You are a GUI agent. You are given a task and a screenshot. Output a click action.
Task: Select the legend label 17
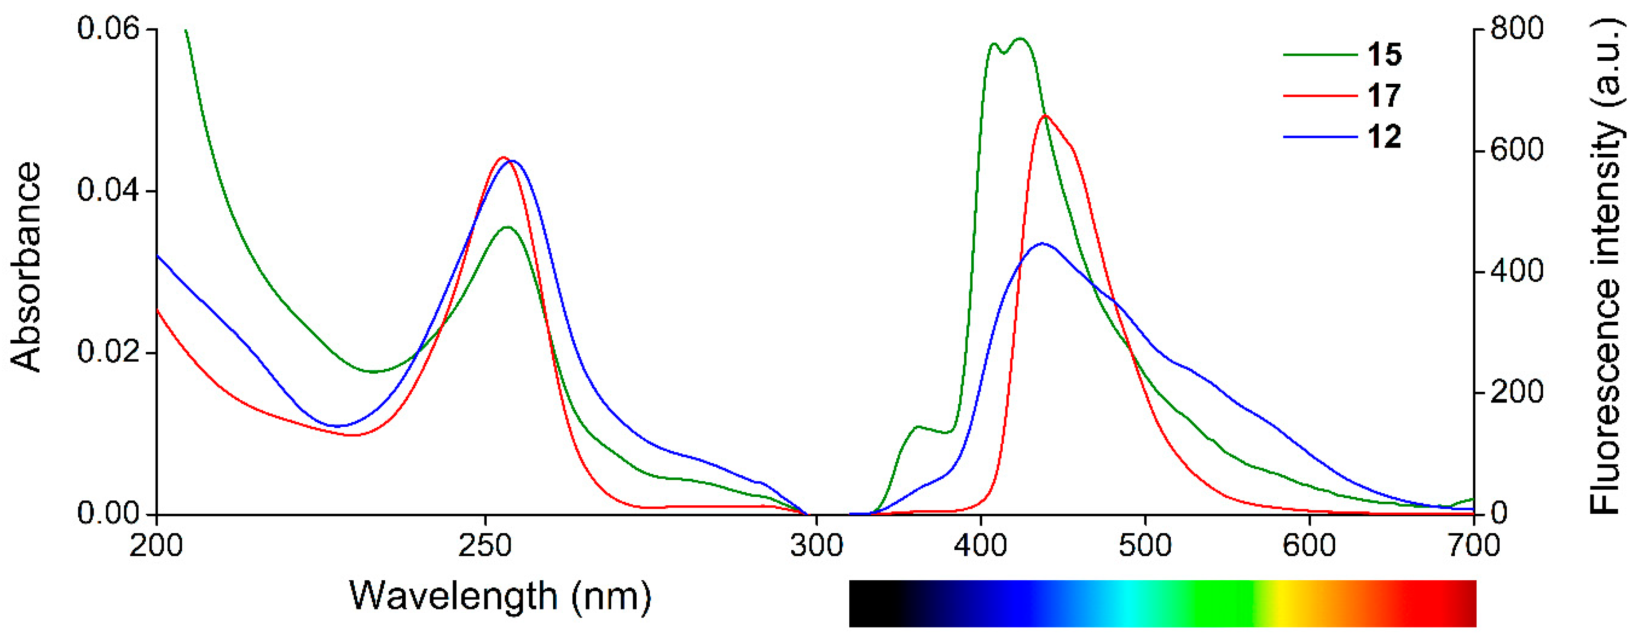pos(1384,96)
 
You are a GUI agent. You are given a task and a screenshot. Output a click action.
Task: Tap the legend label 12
pos(1384,137)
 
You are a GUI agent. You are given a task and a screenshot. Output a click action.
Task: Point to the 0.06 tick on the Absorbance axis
pos(108,29)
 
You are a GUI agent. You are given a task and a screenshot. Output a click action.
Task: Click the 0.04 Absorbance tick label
pos(108,191)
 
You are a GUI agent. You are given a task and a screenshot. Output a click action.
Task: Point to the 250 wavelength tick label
pos(486,546)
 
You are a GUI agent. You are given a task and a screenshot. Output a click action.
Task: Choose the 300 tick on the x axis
pos(816,546)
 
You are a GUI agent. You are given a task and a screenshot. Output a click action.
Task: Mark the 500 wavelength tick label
pos(1145,546)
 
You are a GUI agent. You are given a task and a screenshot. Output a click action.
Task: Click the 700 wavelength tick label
pos(1473,546)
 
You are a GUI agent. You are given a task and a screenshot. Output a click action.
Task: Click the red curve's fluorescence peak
pos(1045,116)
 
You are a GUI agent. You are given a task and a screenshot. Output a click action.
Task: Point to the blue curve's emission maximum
pos(1043,243)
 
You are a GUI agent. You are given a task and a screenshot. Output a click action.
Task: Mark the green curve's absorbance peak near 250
pos(508,227)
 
